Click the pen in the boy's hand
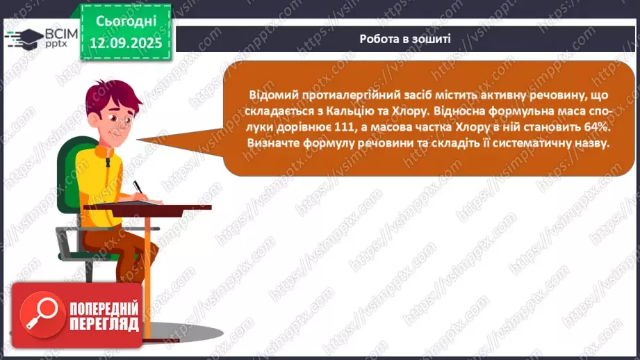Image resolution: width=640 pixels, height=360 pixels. (x=139, y=188)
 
